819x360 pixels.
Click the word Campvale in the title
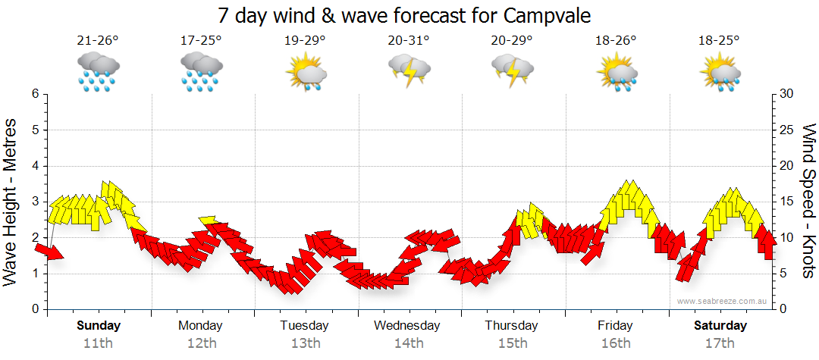coord(544,16)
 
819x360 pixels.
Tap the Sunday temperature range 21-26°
coord(98,41)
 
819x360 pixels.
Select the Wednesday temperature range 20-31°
coord(409,41)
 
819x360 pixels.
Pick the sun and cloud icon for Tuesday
coord(306,73)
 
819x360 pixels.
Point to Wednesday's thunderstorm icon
coord(409,70)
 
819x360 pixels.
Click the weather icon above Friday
coord(617,73)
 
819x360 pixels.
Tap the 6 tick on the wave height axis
coord(35,94)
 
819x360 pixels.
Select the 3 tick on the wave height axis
coord(35,202)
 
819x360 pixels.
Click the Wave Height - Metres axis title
coord(11,202)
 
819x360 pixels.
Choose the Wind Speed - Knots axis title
coord(808,202)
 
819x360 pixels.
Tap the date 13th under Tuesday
coord(305,343)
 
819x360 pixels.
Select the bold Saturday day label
coord(720,326)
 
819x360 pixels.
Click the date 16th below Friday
coord(616,343)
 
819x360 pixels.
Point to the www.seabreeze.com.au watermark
coord(723,301)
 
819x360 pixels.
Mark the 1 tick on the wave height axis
coord(35,274)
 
